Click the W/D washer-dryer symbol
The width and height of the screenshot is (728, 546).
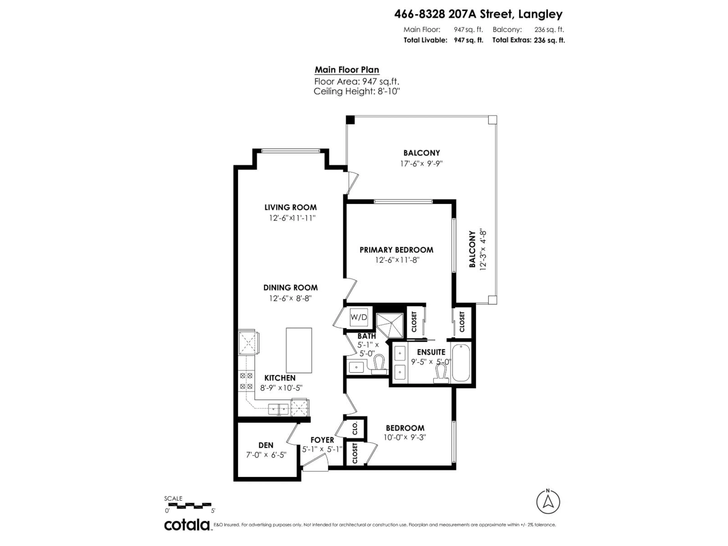coord(358,317)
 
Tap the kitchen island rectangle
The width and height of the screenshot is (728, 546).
coord(299,350)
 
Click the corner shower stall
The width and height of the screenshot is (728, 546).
coord(390,325)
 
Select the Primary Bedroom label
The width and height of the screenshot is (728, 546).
coord(396,250)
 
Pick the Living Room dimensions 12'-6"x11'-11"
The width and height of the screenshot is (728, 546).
coord(292,218)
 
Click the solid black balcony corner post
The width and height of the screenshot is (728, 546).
coord(350,120)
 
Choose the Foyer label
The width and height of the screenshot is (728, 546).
coord(322,440)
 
